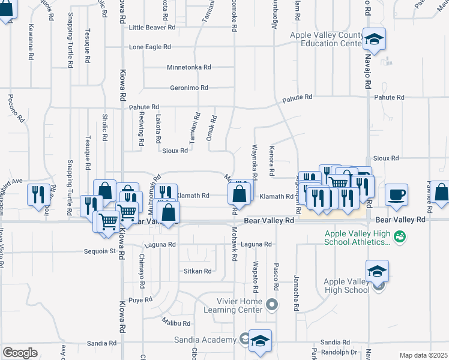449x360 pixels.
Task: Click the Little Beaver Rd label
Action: click(152, 28)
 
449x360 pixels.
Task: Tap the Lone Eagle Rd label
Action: click(150, 47)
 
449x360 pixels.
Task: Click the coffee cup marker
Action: click(397, 194)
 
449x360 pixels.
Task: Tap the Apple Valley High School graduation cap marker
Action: click(377, 271)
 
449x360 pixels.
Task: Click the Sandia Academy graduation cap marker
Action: click(260, 340)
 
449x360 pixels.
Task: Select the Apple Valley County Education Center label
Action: click(326, 40)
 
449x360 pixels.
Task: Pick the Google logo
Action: click(20, 352)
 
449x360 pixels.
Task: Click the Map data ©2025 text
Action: click(423, 355)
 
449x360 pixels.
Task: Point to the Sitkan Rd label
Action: click(197, 271)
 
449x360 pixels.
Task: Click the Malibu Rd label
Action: click(175, 323)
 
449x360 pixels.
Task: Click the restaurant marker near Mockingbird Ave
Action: click(37, 194)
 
